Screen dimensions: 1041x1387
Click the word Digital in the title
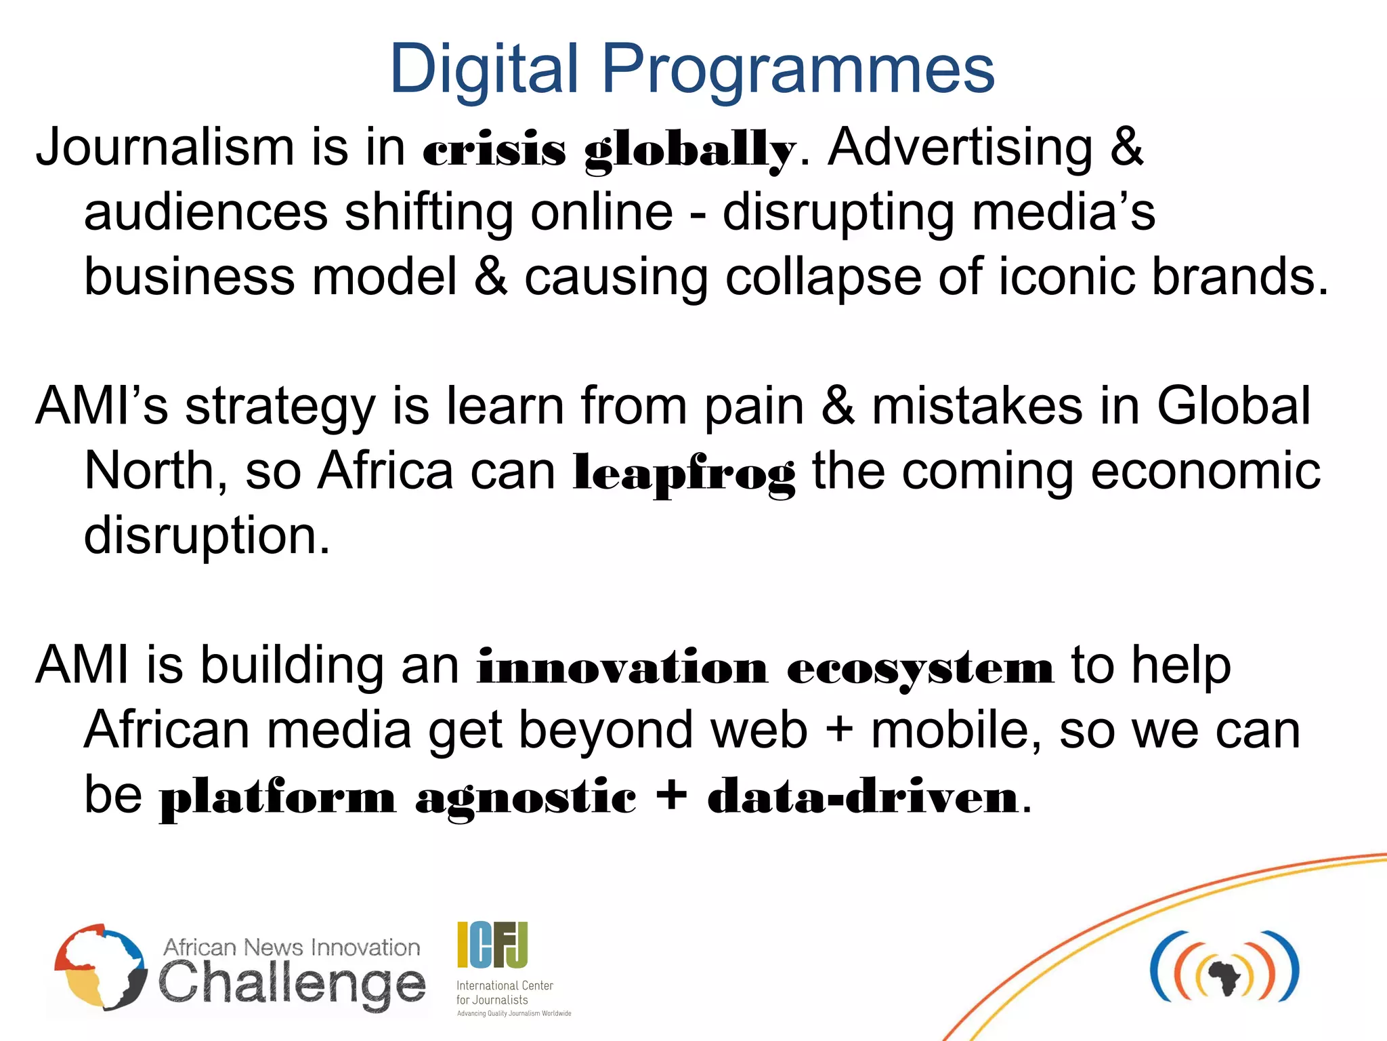[x=484, y=69]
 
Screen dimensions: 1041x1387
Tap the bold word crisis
[x=494, y=149]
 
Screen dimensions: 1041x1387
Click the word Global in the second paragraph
[x=1233, y=406]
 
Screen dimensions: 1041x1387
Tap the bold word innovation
[x=622, y=668]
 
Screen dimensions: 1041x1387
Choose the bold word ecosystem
[x=920, y=668]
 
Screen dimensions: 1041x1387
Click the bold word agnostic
[x=526, y=797]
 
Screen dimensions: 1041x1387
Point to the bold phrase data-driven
[x=863, y=796]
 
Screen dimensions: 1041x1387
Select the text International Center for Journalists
[x=505, y=992]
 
